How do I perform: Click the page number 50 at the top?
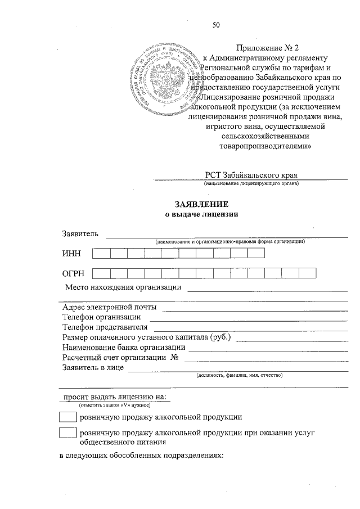pos(216,24)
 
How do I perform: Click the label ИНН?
pos(71,254)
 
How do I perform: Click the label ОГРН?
pos(74,274)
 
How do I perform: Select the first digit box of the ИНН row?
pos(101,254)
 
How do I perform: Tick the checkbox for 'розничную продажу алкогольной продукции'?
pos(67,417)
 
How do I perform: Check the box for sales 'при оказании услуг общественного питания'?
pos(67,433)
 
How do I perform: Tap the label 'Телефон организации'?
pos(101,317)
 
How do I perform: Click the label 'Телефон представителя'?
pos(105,327)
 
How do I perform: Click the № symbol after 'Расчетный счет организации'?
pos(174,358)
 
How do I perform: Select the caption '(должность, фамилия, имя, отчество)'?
pos(239,375)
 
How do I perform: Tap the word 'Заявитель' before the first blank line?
pos(80,233)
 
